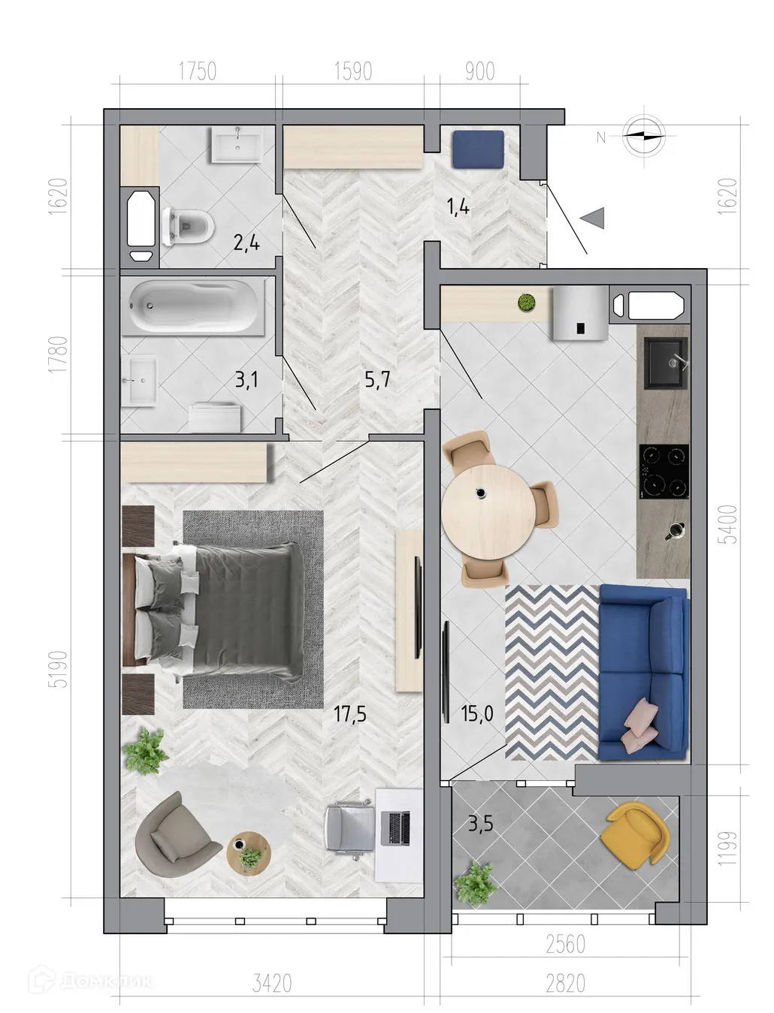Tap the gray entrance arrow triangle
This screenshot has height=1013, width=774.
[594, 218]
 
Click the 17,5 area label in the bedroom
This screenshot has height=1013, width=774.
[349, 713]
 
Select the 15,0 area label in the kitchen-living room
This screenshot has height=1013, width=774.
[477, 713]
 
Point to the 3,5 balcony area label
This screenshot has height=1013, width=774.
[480, 824]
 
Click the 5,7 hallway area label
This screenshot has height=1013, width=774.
[377, 379]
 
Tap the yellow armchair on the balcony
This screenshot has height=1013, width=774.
[636, 834]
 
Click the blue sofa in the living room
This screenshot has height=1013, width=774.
[643, 672]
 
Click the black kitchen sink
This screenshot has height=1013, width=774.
[667, 363]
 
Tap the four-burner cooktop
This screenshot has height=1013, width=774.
[664, 472]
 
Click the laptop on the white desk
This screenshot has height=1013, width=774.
[397, 828]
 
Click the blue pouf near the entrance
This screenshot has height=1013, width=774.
[477, 149]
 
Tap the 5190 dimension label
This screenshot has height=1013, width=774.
[59, 668]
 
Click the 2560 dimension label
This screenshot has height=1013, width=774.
[565, 944]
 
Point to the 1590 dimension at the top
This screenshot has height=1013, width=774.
[352, 71]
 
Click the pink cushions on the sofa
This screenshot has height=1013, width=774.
[639, 725]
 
